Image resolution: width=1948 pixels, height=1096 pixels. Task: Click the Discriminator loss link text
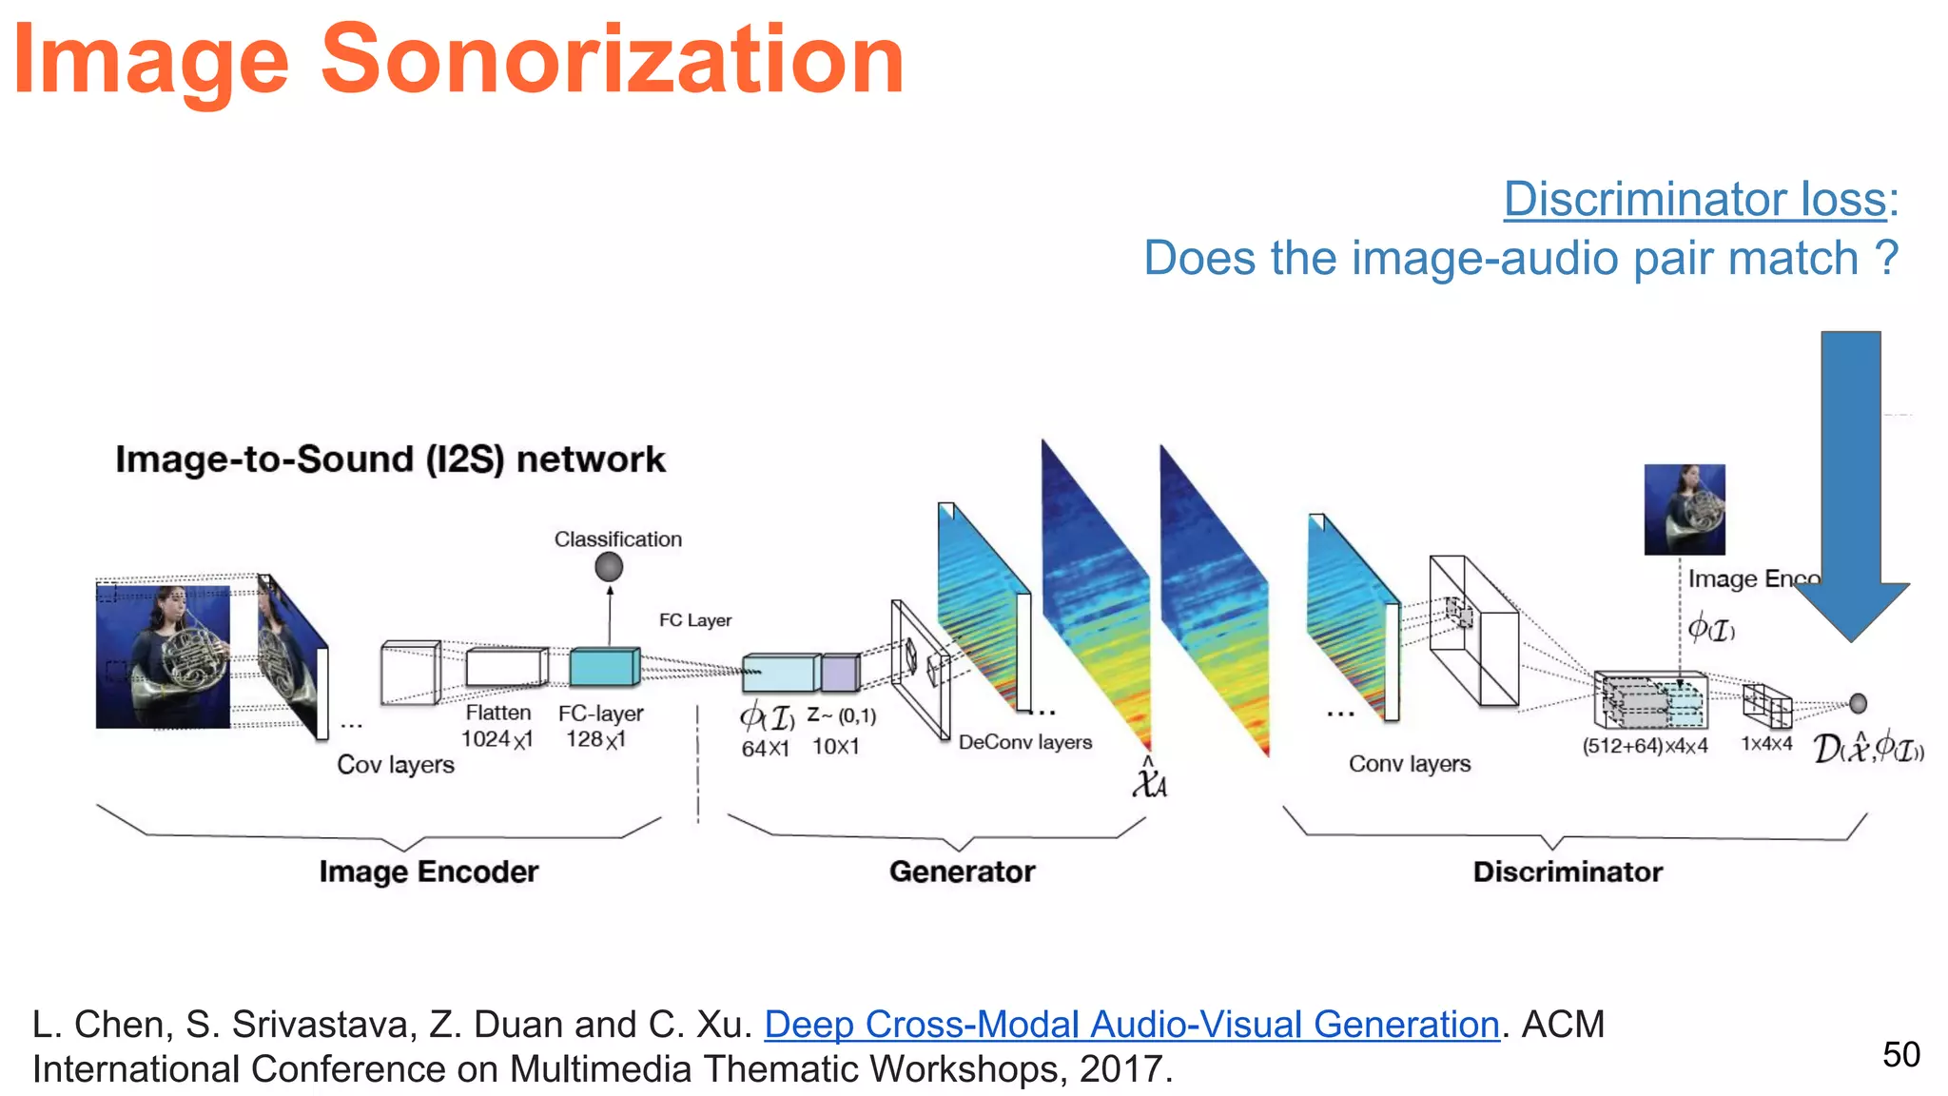coord(1695,200)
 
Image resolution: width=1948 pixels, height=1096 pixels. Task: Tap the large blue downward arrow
coord(1850,485)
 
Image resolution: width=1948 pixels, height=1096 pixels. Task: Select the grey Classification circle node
coord(609,567)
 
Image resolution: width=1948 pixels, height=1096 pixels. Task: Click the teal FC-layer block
coord(603,667)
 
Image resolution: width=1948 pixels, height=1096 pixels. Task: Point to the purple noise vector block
coord(839,673)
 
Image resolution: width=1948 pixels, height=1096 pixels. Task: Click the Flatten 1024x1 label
coord(497,726)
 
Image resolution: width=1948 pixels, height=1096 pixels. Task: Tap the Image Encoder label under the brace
coord(428,871)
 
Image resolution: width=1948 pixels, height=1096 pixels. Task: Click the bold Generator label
coord(962,871)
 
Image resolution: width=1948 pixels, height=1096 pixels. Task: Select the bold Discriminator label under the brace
coord(1568,871)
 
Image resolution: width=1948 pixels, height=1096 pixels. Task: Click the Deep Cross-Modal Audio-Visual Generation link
coord(1132,1025)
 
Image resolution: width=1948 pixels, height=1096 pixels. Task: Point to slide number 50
coord(1900,1054)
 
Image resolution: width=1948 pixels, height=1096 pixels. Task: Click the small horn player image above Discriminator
coord(1684,509)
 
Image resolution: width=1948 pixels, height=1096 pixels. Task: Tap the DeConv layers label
coord(1024,742)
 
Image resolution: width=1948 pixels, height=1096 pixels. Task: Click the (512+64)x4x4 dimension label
coord(1645,746)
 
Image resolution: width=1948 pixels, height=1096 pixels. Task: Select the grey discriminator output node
coord(1858,703)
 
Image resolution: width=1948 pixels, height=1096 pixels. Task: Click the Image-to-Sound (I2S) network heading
coord(390,460)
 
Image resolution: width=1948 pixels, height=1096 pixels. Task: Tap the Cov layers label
coord(396,765)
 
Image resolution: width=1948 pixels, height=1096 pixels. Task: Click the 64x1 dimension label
coord(765,748)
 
